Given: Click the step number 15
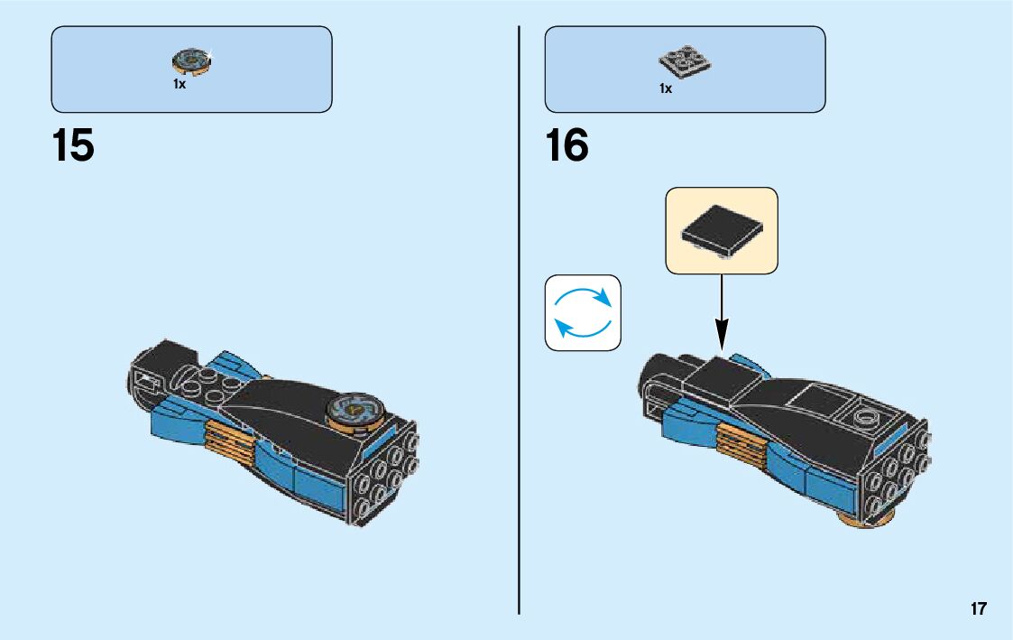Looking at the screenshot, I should click(x=73, y=146).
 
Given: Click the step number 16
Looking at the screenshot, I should click(x=566, y=146).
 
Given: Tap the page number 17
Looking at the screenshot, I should click(x=979, y=609).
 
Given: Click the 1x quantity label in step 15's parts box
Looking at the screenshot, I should click(x=180, y=84).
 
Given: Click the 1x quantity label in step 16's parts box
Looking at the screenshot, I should click(x=666, y=88).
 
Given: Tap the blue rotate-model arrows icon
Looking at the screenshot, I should click(x=583, y=312).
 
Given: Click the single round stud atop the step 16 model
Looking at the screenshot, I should click(x=866, y=416).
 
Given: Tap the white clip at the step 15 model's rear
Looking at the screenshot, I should click(x=143, y=379).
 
